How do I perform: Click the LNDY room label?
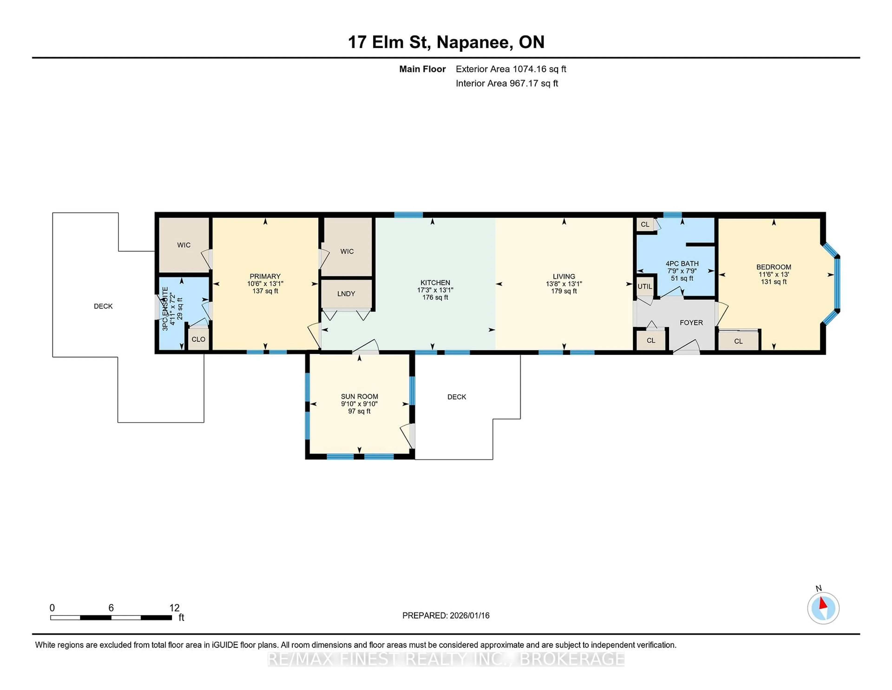(346, 293)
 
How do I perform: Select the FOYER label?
(691, 322)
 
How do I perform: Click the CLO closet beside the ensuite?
(199, 339)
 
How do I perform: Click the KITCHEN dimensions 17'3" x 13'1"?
(435, 290)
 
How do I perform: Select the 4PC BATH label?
(682, 264)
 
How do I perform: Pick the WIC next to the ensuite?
(184, 245)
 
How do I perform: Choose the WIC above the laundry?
(347, 251)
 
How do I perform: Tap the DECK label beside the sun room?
(457, 397)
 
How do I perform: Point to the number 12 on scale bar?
(174, 608)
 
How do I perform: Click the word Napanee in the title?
(474, 42)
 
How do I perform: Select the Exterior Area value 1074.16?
(529, 69)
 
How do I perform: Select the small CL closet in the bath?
(645, 224)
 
